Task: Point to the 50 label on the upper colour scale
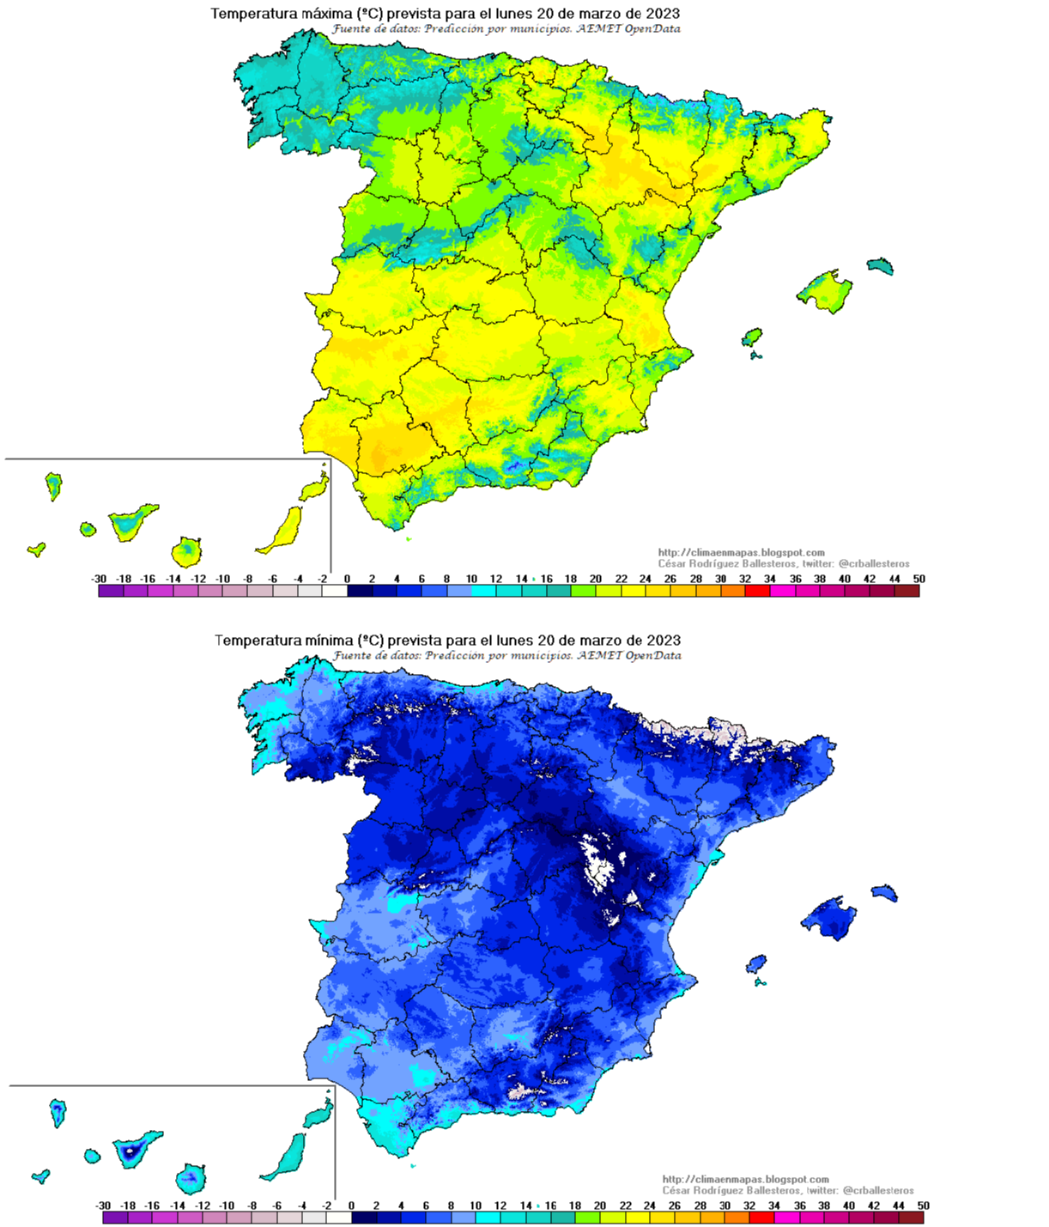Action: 919,579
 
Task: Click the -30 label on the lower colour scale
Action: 103,1206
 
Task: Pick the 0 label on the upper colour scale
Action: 347,579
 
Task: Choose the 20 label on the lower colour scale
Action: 600,1206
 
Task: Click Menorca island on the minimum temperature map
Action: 885,893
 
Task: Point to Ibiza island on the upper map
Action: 752,337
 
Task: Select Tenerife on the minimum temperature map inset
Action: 134,1149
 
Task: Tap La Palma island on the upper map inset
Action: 53,486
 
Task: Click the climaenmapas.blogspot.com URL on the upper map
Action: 741,553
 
